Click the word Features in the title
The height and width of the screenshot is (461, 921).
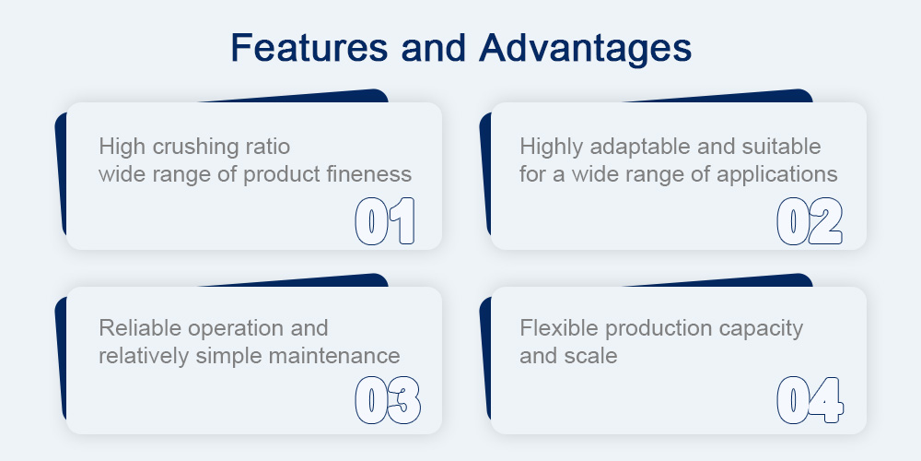(309, 48)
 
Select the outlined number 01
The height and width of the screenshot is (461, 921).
(385, 221)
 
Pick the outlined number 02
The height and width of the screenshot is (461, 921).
(810, 221)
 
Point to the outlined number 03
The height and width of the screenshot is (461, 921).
(388, 400)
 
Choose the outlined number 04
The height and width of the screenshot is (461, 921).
(810, 400)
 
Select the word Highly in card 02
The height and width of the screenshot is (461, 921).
(552, 147)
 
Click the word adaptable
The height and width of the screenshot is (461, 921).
(641, 147)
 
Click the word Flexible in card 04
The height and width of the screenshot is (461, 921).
(560, 327)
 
